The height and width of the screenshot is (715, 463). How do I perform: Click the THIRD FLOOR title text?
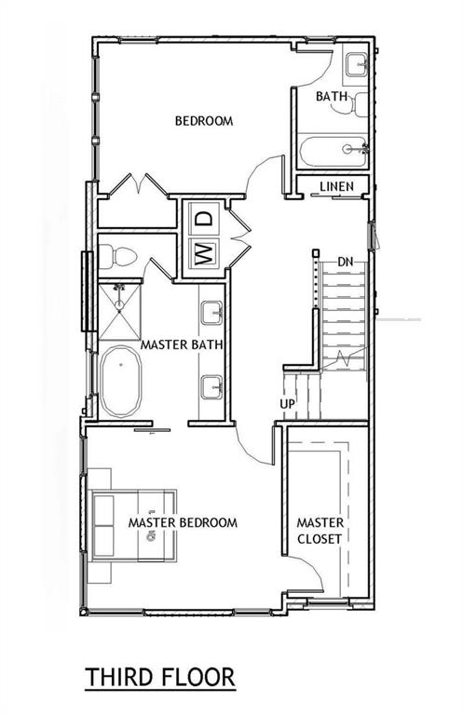pyautogui.click(x=160, y=676)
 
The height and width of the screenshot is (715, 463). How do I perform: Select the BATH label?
pyautogui.click(x=331, y=96)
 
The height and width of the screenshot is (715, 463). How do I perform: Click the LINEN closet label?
pyautogui.click(x=336, y=187)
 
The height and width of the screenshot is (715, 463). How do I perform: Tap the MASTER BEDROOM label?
pyautogui.click(x=183, y=522)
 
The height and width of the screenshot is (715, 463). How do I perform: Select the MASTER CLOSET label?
pyautogui.click(x=320, y=530)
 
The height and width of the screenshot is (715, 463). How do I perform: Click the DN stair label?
pyautogui.click(x=346, y=261)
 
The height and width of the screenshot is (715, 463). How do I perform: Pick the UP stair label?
pyautogui.click(x=289, y=403)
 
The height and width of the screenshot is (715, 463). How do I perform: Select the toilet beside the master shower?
pyautogui.click(x=119, y=255)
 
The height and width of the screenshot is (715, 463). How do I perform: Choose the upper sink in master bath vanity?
pyautogui.click(x=211, y=313)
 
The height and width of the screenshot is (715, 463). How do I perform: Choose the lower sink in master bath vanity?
pyautogui.click(x=211, y=384)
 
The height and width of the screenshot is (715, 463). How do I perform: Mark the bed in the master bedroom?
pyautogui.click(x=132, y=524)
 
